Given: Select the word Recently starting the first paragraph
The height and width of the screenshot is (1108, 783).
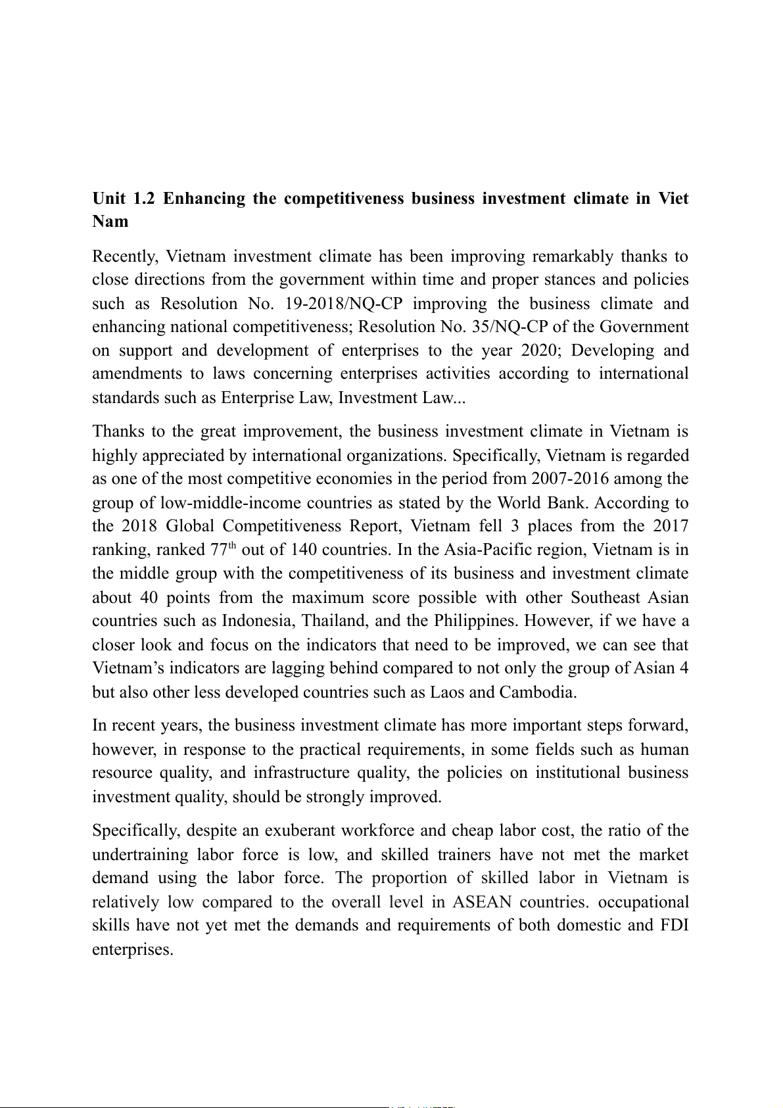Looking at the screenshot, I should pyautogui.click(x=124, y=256).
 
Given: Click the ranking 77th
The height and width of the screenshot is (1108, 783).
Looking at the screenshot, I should pyautogui.click(x=223, y=550).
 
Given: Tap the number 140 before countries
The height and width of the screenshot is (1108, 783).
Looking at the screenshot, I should pyautogui.click(x=304, y=550).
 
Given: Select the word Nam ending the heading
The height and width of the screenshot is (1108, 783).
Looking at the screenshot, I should pyautogui.click(x=110, y=222).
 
